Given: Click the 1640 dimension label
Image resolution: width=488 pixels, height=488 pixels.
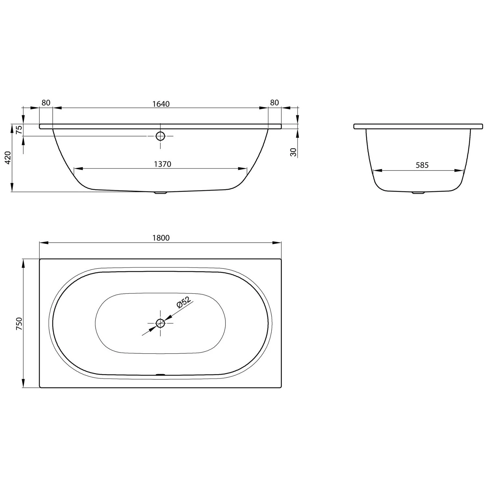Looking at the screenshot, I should [161, 104].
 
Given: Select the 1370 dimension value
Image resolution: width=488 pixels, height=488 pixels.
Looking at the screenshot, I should [162, 164].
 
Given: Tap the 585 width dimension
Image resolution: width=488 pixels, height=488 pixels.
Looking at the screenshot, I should [422, 165].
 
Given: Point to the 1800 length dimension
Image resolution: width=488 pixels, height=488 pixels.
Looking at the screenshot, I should [161, 238].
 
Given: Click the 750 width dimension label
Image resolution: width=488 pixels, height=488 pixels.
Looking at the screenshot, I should [19, 323].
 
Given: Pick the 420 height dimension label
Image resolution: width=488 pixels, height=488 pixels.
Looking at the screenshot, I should [8, 157].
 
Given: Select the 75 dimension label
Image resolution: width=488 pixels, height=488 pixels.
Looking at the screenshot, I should [19, 130].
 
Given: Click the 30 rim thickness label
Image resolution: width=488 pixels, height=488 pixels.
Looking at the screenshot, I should [293, 152].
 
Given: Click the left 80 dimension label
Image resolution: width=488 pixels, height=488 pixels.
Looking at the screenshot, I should [46, 102].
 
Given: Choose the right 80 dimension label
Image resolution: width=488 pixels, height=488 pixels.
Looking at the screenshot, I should [274, 102].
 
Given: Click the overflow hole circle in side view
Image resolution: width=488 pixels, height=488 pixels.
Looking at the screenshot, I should [160, 136].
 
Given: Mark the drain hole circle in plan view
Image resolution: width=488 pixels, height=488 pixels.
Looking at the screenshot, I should [160, 323].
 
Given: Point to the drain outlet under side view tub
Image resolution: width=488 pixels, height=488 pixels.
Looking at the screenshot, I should [160, 193].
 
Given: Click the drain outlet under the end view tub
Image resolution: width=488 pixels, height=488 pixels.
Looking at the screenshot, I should [418, 193].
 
